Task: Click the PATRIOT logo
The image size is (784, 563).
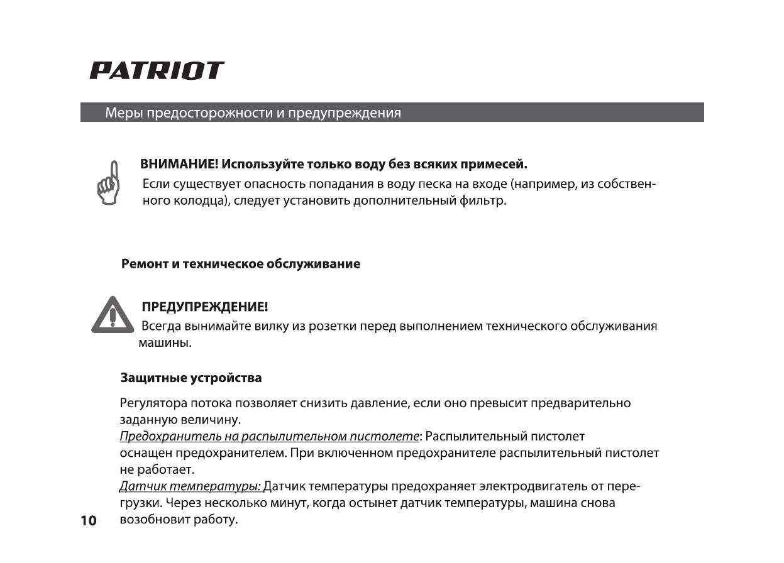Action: (x=157, y=70)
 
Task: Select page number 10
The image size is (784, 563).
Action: (x=89, y=521)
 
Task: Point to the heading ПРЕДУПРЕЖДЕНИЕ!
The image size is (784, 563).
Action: (x=205, y=307)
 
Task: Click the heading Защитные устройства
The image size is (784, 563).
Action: (x=191, y=378)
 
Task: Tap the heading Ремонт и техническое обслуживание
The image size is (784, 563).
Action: (x=241, y=264)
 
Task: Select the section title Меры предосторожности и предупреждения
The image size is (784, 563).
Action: (x=253, y=113)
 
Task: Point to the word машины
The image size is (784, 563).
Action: (x=164, y=344)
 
